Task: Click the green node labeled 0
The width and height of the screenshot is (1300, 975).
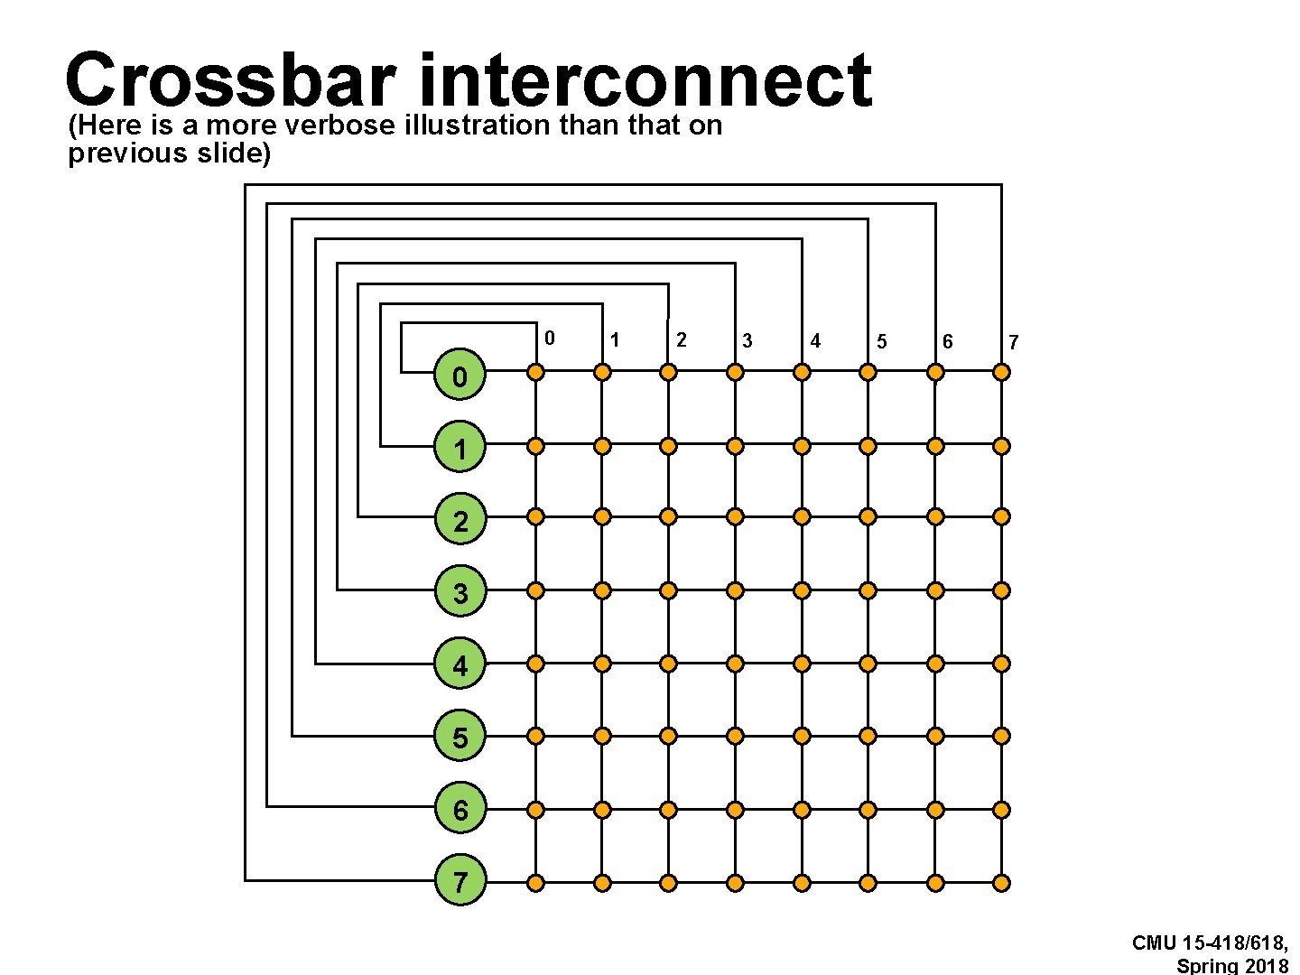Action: click(460, 376)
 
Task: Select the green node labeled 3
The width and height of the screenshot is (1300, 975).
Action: click(460, 592)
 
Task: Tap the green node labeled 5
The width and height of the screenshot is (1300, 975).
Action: click(460, 737)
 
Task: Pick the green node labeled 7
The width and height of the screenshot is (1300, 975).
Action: click(460, 881)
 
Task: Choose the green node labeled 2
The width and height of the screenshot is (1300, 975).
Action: click(460, 520)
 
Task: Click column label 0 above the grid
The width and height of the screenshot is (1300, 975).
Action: click(549, 339)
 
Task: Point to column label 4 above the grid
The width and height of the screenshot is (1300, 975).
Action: click(815, 341)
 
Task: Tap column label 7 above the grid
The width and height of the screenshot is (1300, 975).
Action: click(1013, 342)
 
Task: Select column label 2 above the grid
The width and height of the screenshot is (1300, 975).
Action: click(682, 339)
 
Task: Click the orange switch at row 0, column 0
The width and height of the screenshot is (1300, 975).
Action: click(535, 372)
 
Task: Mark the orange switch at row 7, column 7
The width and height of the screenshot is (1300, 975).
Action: click(1001, 883)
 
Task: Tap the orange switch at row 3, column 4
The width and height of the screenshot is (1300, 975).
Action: click(802, 590)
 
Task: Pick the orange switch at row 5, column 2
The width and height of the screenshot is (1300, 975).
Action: click(668, 736)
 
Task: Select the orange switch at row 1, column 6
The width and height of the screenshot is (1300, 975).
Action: click(935, 446)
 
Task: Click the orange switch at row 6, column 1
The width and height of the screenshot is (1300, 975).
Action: click(602, 810)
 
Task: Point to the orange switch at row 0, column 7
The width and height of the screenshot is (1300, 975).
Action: click(1001, 372)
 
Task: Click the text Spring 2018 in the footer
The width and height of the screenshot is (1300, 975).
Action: click(1232, 966)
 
